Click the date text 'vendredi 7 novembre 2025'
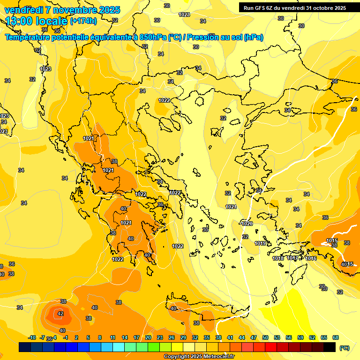(x=62, y=10)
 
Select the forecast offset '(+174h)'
(x=83, y=21)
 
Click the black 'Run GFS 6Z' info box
(x=295, y=8)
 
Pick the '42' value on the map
(x=60, y=314)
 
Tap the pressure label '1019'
(x=261, y=243)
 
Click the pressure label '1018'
(x=278, y=258)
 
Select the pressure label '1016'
(x=311, y=258)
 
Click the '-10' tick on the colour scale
(x=32, y=337)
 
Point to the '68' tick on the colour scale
(x=336, y=337)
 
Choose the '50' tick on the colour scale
(x=265, y=337)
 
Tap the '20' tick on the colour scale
(x=148, y=337)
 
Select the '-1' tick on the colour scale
(x=66, y=337)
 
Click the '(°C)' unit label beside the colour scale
(x=345, y=347)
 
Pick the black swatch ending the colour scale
(x=330, y=347)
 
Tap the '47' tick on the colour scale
(x=254, y=337)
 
